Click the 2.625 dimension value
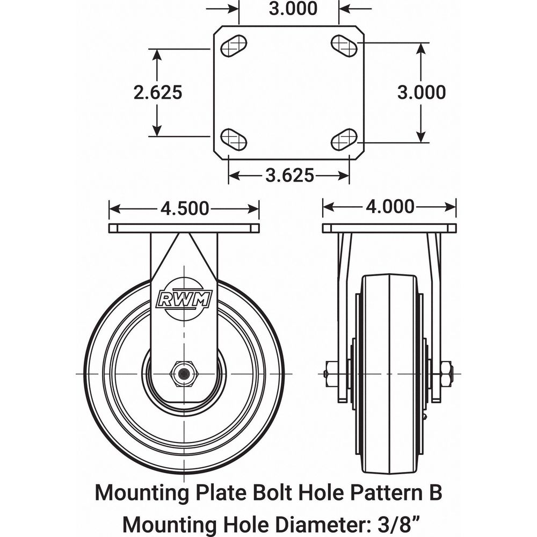[x=158, y=92]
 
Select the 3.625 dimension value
[x=289, y=175]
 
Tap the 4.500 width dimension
[x=184, y=208]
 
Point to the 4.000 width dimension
[x=390, y=206]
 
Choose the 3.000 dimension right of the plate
[x=421, y=92]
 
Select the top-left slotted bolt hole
[x=234, y=46]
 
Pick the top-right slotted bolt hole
[x=344, y=46]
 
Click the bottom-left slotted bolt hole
[x=234, y=140]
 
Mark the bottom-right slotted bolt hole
[x=344, y=140]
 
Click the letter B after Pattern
[x=435, y=492]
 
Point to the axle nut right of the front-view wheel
[x=446, y=373]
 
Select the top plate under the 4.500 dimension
[x=184, y=228]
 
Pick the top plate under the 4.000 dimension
[x=389, y=228]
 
